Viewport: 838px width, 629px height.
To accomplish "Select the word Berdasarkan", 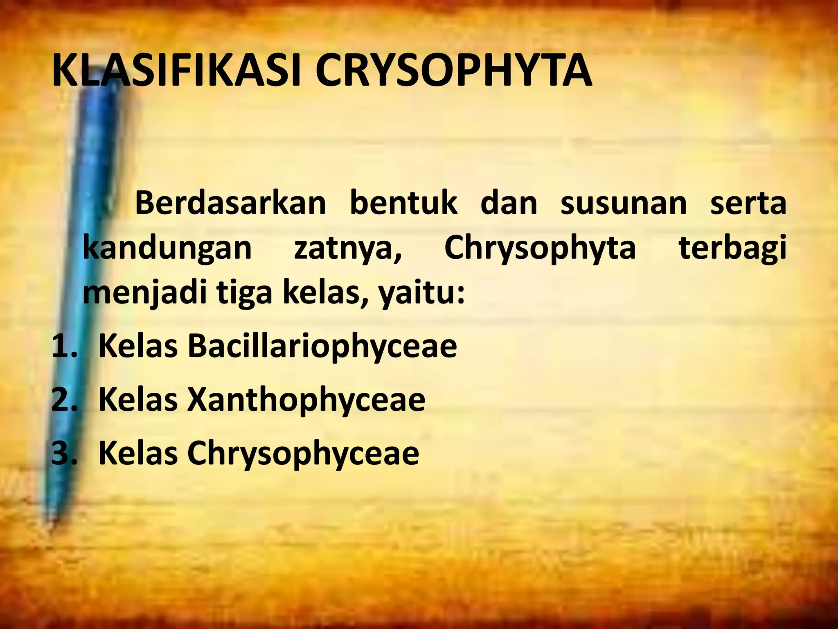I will tap(230, 204).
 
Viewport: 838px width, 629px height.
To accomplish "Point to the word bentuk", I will tap(403, 204).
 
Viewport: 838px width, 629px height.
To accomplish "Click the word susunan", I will tap(623, 204).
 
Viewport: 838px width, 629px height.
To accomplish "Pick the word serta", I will tap(748, 204).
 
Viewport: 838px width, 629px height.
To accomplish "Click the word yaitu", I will tap(421, 294).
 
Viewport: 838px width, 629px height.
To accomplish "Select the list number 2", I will tap(63, 400).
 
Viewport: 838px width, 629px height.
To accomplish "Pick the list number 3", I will tap(63, 453).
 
